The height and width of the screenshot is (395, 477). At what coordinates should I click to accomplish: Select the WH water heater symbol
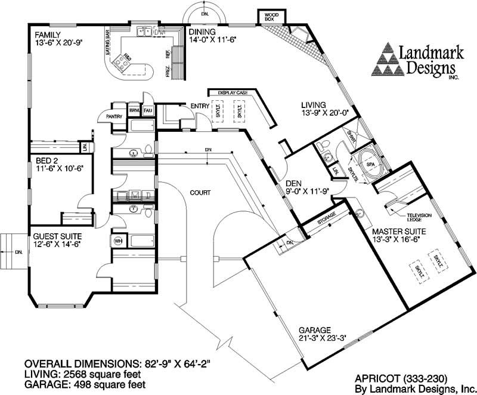click(117, 240)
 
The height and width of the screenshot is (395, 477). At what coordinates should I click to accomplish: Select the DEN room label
click(295, 184)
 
